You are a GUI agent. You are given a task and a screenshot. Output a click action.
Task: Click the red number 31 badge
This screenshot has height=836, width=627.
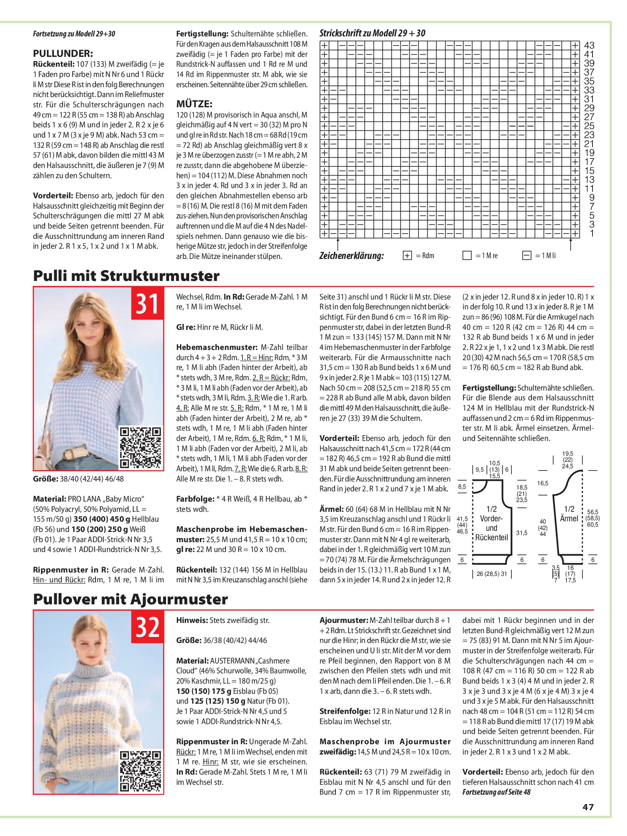point(147,303)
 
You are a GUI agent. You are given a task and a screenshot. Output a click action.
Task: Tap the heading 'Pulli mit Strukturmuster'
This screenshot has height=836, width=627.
point(126,276)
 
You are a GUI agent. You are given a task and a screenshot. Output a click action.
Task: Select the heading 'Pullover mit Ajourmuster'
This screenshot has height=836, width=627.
point(130,599)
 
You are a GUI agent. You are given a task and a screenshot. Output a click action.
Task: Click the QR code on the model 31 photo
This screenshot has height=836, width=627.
point(140,447)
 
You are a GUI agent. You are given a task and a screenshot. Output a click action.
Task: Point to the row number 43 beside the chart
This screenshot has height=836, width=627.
point(589,45)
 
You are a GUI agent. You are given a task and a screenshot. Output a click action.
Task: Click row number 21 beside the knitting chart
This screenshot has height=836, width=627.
point(589,144)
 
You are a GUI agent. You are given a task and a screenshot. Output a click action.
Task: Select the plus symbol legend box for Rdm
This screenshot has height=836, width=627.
point(407,256)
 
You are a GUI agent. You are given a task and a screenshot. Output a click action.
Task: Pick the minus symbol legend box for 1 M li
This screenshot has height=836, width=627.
point(527,256)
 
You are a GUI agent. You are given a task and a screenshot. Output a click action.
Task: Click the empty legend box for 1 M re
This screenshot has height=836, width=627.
point(467,256)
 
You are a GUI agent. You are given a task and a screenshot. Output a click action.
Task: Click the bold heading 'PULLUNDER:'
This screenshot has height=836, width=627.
point(63,53)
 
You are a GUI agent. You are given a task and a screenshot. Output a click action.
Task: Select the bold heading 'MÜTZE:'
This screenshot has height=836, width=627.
point(194,104)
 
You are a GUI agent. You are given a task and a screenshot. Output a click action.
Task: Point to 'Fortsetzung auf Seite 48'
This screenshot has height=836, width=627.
point(496,792)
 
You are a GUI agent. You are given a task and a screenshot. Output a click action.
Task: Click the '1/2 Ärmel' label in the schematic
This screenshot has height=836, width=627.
point(569,514)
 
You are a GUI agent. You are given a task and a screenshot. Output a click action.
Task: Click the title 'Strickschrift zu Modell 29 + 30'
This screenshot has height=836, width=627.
point(372,33)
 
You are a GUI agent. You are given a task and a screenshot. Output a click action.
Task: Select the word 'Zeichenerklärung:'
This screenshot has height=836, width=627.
point(351,256)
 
